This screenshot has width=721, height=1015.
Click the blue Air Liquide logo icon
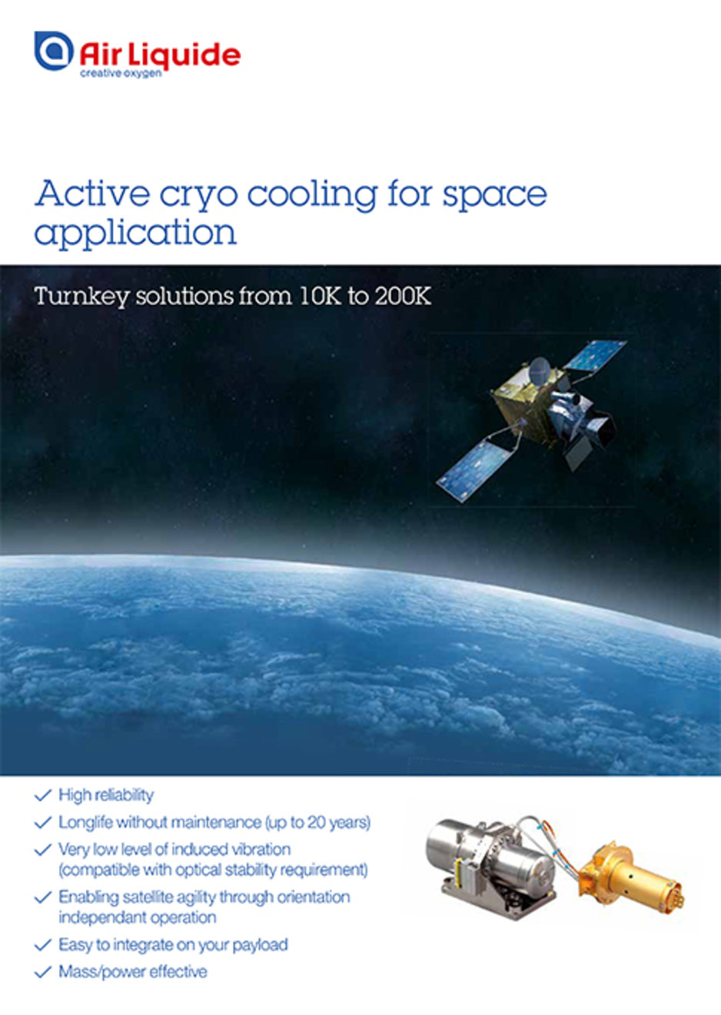(54, 51)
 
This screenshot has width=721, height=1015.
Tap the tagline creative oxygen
(121, 74)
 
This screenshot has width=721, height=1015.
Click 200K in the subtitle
(403, 296)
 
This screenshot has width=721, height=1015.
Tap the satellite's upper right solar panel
(596, 354)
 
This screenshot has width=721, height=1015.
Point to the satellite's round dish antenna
(540, 370)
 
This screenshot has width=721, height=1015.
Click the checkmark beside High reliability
(43, 795)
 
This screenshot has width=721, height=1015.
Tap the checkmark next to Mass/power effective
(43, 972)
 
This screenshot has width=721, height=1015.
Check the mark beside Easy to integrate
(43, 945)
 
